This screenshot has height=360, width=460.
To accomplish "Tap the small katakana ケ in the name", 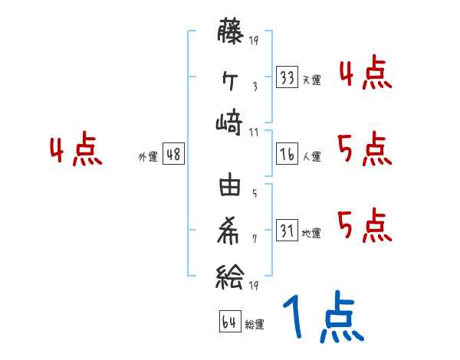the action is point(230,78).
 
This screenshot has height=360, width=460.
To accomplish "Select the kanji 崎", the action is point(230,123).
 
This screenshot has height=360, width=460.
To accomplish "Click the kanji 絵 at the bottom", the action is point(230,273).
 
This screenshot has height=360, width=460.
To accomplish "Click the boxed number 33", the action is point(287,77).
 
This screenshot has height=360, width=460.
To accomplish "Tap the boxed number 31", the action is point(287,231).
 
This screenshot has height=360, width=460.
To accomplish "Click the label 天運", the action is point(311,80).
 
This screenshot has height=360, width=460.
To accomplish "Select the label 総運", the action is point(255,324).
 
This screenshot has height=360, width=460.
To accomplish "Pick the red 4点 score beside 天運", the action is point(365,74).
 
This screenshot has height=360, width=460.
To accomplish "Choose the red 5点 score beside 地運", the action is point(365,225).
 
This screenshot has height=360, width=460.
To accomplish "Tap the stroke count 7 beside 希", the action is point(254,237).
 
